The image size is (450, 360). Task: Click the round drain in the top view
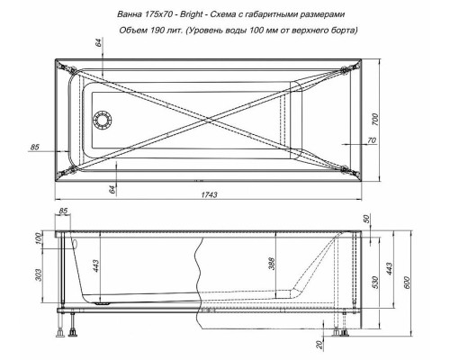[103, 120]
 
